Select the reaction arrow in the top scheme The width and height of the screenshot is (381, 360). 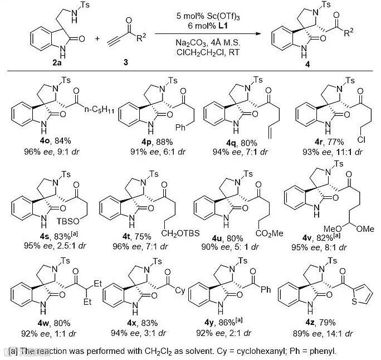210,34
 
